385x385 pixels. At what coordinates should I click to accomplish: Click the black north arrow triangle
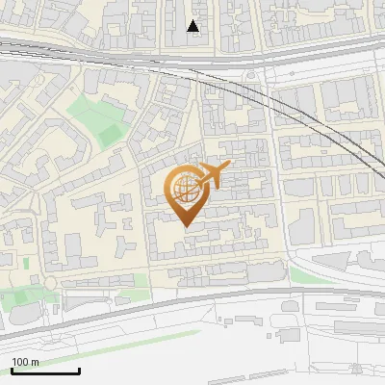click(x=193, y=26)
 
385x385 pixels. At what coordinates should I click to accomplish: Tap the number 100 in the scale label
click(x=21, y=362)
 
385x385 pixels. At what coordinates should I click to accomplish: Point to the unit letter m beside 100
click(x=35, y=362)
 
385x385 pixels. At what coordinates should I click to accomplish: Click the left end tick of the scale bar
click(x=13, y=371)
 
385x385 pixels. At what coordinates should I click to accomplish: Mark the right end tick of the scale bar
click(x=79, y=371)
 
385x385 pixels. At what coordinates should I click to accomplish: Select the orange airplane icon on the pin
click(x=214, y=176)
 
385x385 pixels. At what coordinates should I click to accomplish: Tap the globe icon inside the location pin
click(x=185, y=188)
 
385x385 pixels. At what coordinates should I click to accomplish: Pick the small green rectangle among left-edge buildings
click(x=27, y=263)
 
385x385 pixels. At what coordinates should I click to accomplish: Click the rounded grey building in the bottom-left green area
click(x=24, y=314)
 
